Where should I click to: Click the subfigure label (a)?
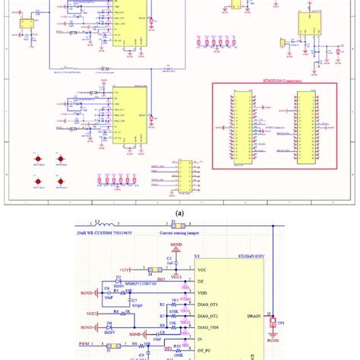(x=179, y=214)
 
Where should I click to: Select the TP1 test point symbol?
(x=274, y=324)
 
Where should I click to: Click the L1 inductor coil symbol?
(x=106, y=226)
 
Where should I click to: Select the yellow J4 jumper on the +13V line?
(x=153, y=270)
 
